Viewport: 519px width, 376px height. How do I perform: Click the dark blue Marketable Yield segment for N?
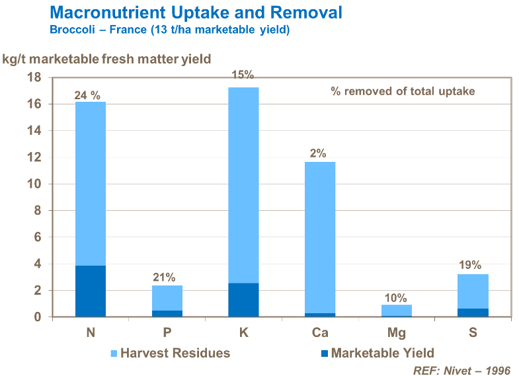point(91,291)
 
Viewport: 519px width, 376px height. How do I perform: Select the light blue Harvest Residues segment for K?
point(243,185)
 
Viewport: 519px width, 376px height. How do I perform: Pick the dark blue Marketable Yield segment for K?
point(243,300)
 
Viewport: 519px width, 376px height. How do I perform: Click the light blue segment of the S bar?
point(473,291)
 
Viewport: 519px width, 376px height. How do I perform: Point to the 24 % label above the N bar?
point(89,96)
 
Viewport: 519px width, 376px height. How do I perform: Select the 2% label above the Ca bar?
point(318,153)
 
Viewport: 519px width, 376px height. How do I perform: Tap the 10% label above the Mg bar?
point(395,297)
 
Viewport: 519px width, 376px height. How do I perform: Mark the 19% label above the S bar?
point(471,265)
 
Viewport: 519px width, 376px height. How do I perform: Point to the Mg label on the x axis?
point(396,333)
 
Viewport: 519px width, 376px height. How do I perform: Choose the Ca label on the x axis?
point(319,333)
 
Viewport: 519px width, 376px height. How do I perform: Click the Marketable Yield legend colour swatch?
point(321,353)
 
